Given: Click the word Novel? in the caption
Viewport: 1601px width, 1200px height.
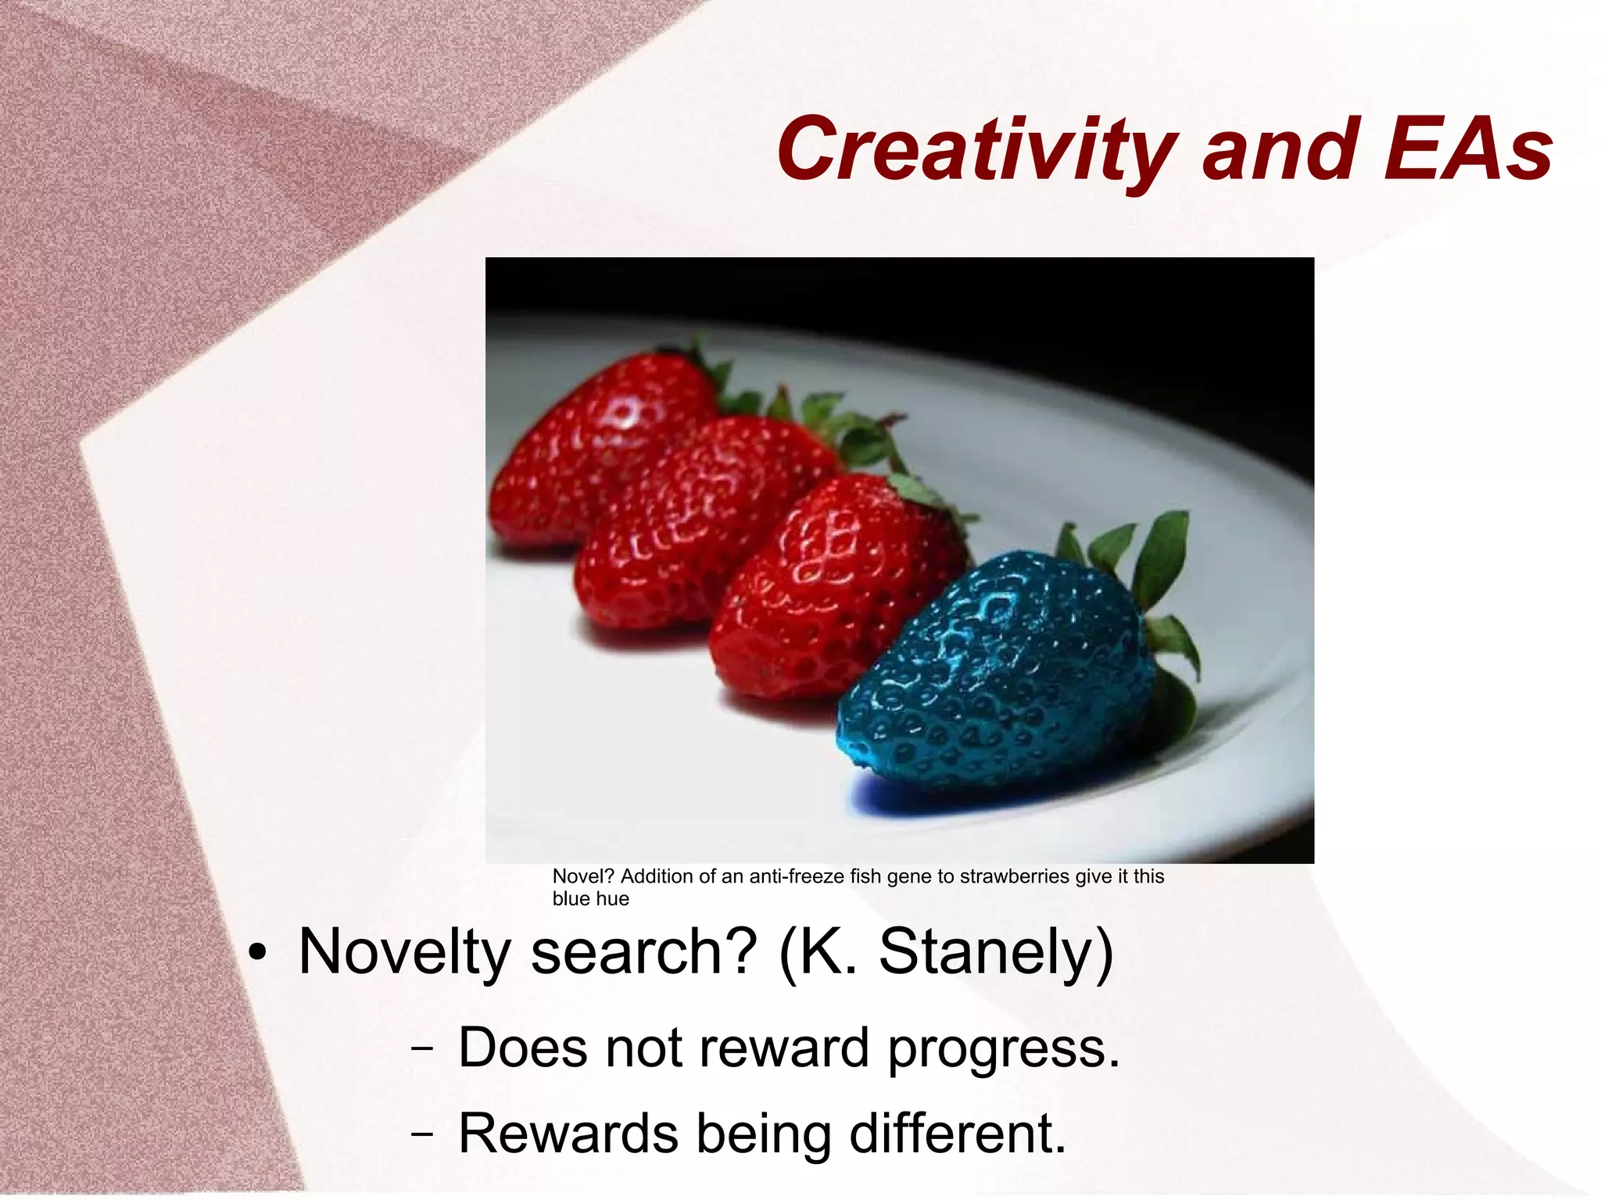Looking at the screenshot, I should [x=584, y=876].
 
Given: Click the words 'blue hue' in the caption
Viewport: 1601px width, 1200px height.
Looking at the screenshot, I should [x=590, y=899].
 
